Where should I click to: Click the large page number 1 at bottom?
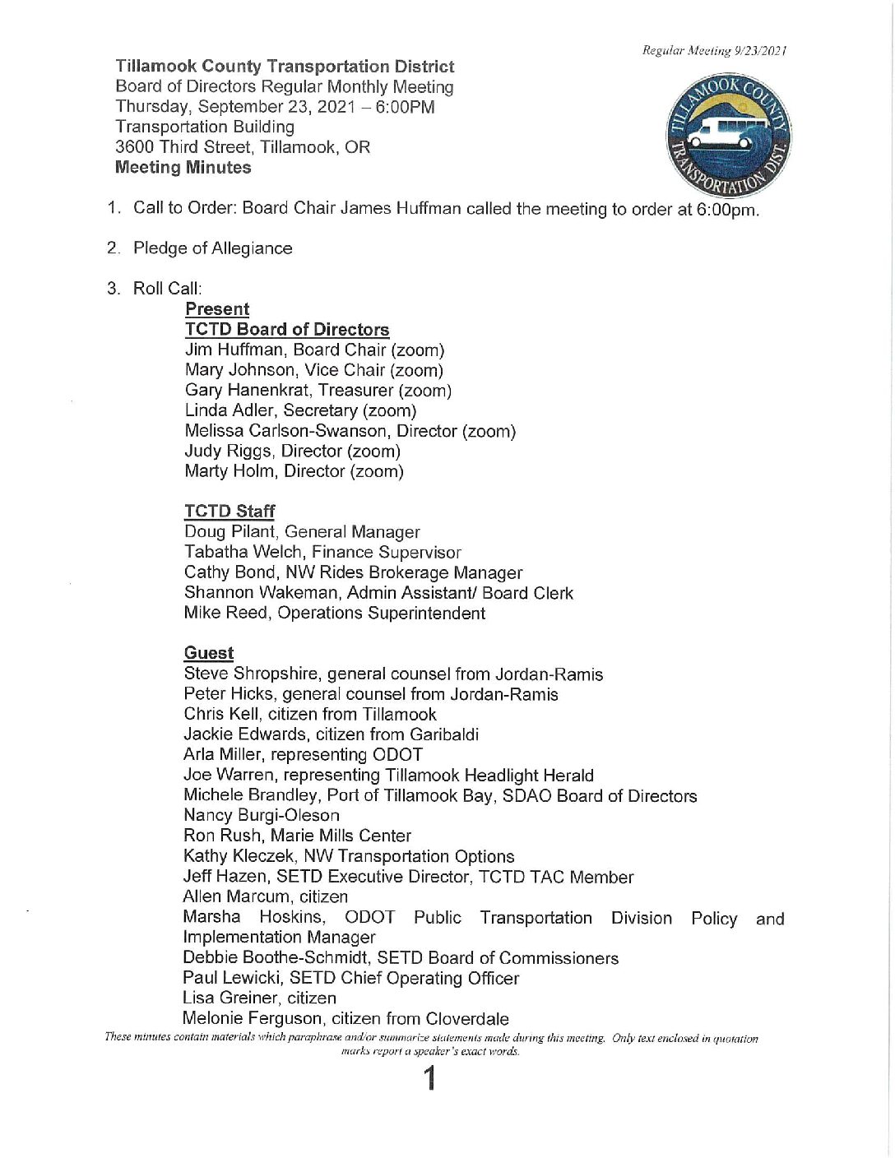pyautogui.click(x=429, y=1078)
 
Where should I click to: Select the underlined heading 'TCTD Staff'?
pyautogui.click(x=230, y=512)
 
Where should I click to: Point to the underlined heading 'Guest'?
pyautogui.click(x=209, y=653)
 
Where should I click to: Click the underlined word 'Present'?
pyautogui.click(x=217, y=309)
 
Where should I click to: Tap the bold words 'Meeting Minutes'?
pyautogui.click(x=183, y=168)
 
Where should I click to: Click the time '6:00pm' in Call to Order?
pyautogui.click(x=727, y=210)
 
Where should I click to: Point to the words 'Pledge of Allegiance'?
pyautogui.click(x=213, y=248)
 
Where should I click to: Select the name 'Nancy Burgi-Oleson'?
pyautogui.click(x=262, y=815)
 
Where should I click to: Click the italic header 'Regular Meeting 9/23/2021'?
pyautogui.click(x=715, y=51)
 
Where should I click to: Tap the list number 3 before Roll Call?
pyautogui.click(x=113, y=289)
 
